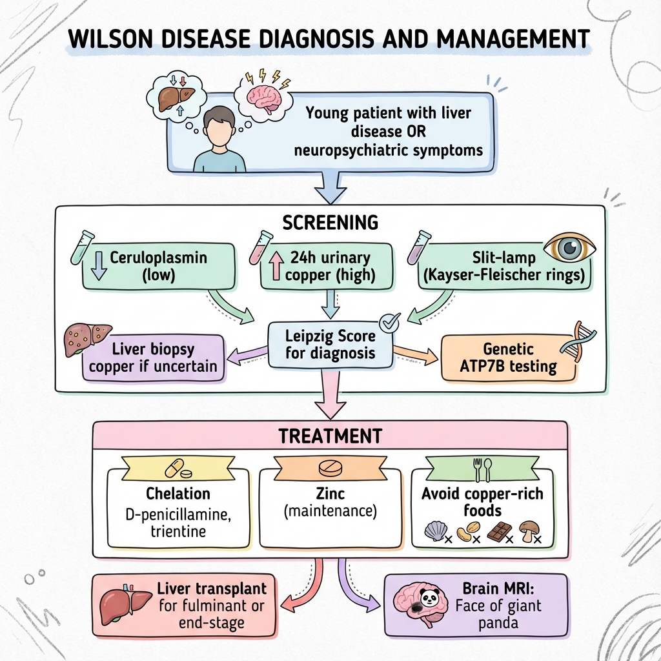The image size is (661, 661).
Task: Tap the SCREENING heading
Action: [330, 222]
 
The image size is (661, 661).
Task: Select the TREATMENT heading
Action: [330, 436]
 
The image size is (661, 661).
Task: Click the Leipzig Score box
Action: [330, 345]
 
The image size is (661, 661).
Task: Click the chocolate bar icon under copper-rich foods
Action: [497, 531]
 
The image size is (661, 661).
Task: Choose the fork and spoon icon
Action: [483, 471]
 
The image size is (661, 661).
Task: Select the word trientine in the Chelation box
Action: [179, 531]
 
